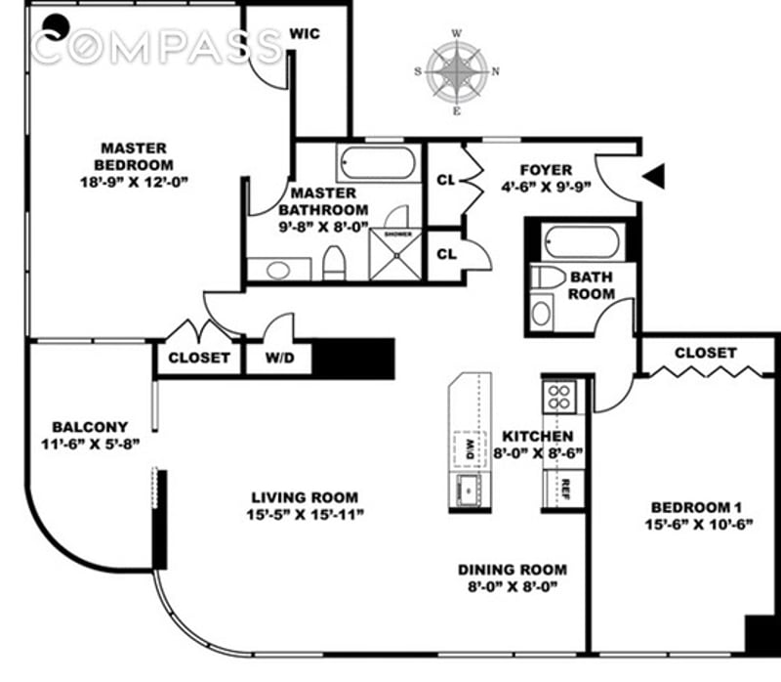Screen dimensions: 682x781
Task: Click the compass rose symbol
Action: click(457, 70)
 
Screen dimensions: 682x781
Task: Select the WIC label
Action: click(305, 34)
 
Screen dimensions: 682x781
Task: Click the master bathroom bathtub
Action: click(378, 161)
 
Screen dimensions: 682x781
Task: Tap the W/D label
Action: click(277, 358)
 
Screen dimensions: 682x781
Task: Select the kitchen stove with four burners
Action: click(559, 396)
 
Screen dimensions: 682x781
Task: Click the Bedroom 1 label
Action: click(690, 507)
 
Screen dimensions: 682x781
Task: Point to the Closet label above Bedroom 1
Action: click(704, 353)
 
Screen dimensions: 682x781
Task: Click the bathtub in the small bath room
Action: click(581, 240)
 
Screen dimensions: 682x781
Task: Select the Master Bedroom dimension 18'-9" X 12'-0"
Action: click(134, 182)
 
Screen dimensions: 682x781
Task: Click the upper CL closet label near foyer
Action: click(446, 181)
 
